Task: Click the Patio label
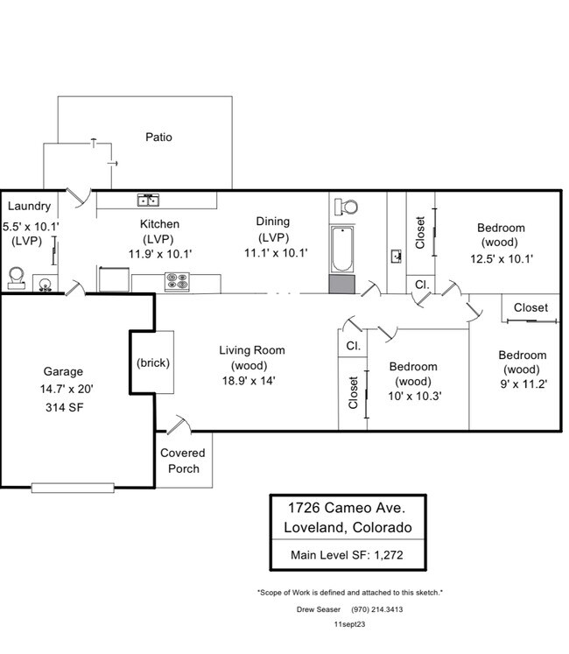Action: pos(158,137)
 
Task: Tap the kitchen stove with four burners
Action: pos(177,283)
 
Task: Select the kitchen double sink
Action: pos(147,200)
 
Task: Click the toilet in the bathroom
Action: pos(346,207)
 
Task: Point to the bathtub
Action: pos(341,250)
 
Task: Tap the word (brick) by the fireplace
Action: pos(153,362)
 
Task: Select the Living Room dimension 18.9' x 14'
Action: pos(252,381)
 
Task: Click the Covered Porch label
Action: pos(183,461)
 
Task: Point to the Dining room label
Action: pos(272,222)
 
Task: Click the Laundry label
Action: pos(29,207)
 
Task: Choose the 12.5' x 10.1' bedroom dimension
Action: pos(502,258)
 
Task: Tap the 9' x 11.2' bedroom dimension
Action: pos(522,384)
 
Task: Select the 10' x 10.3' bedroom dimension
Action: pos(415,396)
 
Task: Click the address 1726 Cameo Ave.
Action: pos(347,507)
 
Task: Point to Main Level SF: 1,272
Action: pos(347,554)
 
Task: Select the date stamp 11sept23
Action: pos(349,624)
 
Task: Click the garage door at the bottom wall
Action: pos(73,487)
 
